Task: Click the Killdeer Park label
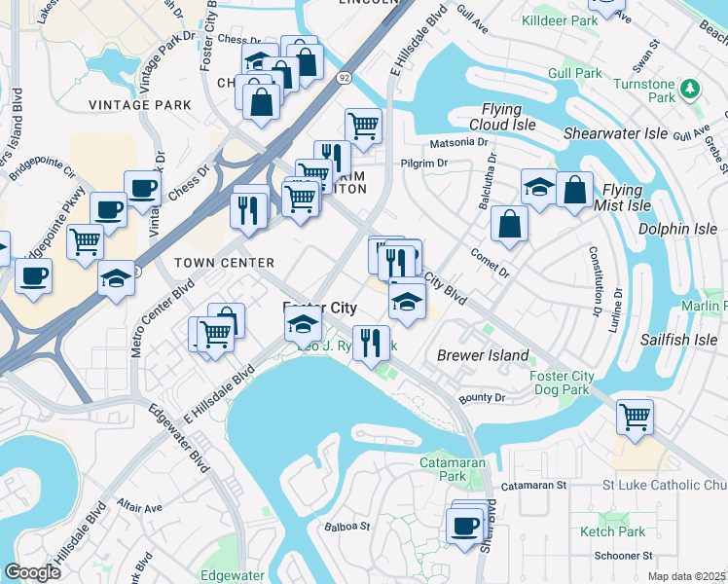click(x=587, y=20)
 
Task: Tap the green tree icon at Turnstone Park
click(x=690, y=90)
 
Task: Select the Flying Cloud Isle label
click(x=507, y=118)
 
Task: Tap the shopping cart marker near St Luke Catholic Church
click(x=635, y=417)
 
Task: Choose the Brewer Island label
click(x=483, y=356)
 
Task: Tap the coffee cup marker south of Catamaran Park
click(x=464, y=527)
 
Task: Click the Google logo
click(x=32, y=571)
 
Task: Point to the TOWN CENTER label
click(x=224, y=263)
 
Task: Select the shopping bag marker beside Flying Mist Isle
click(x=575, y=191)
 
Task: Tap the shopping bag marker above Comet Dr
click(x=509, y=225)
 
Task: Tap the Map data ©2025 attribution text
click(x=686, y=576)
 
